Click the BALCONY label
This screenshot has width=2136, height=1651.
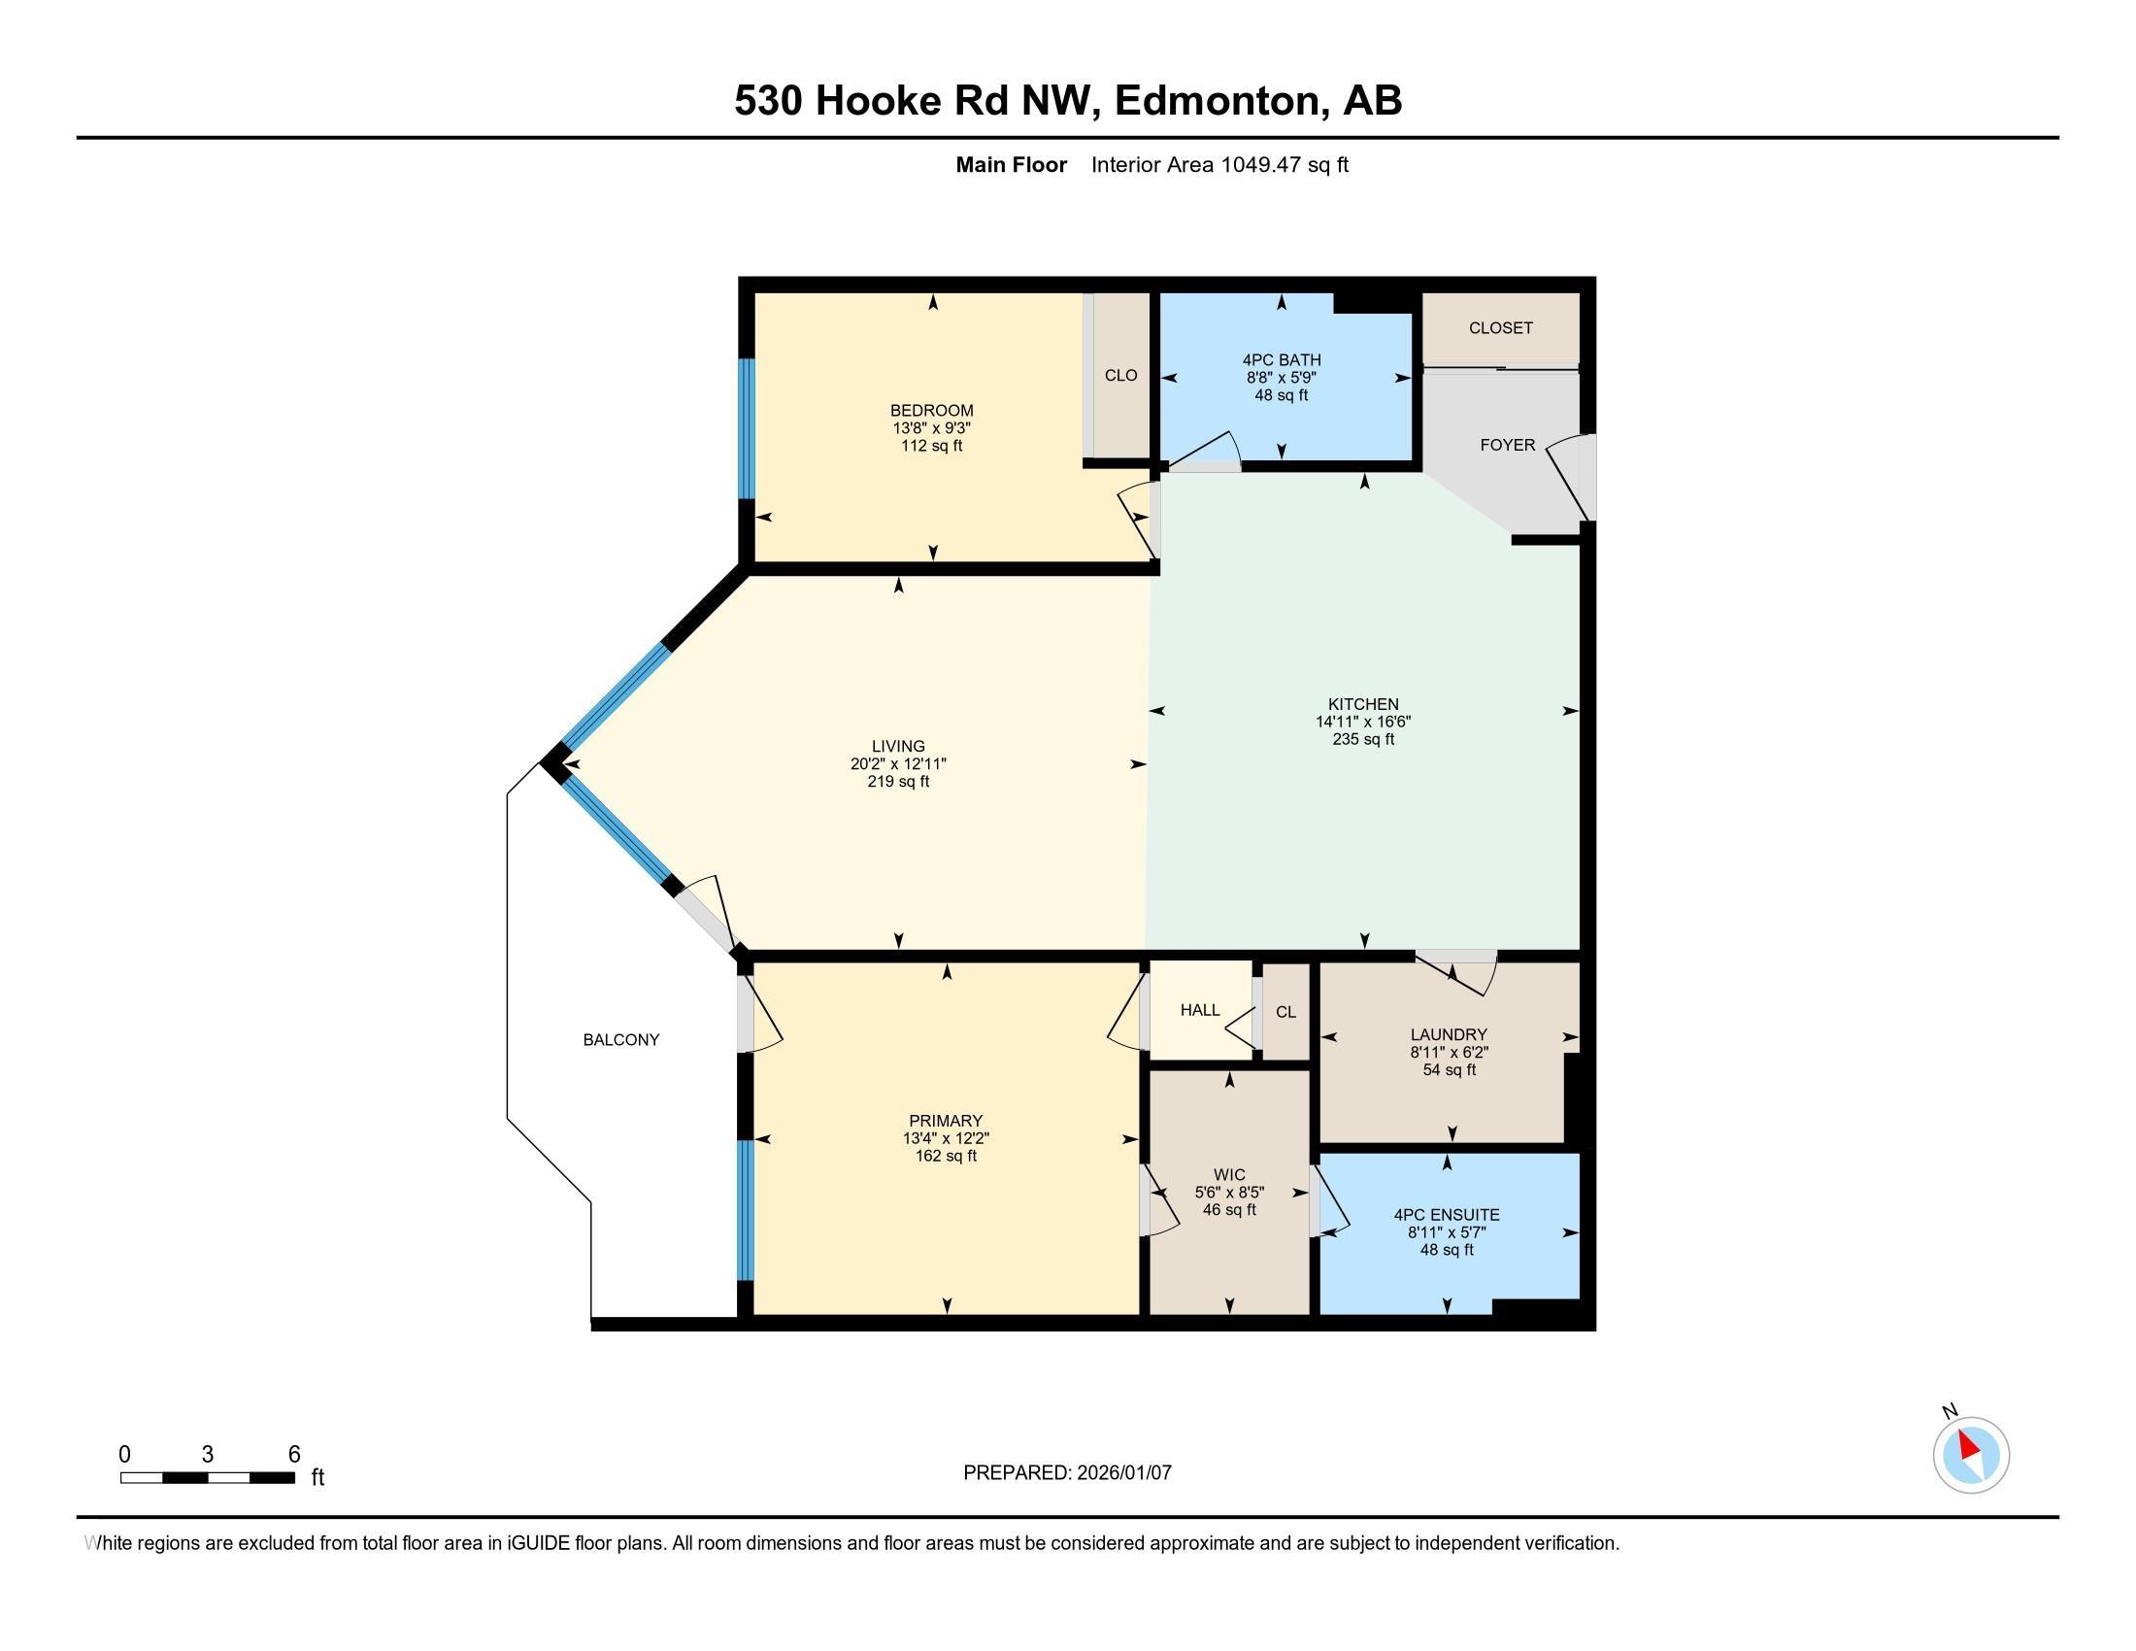coord(621,1040)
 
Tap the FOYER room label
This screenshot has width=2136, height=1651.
coord(1507,445)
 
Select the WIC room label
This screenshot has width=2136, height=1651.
coord(1229,1175)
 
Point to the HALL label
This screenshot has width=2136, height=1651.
coord(1200,1010)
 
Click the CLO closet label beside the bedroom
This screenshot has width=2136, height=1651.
coord(1120,376)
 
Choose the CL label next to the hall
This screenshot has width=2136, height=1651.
coord(1286,1012)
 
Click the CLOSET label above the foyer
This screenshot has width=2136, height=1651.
coord(1500,328)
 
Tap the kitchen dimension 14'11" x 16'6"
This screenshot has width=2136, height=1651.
coord(1363,722)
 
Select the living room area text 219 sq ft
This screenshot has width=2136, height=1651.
coord(898,782)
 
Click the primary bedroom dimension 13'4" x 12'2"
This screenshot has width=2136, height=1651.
coord(946,1138)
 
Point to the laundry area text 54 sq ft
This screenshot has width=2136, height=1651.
coord(1450,1070)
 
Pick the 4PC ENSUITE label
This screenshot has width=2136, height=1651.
coord(1447,1215)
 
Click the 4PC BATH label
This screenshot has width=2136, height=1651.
coord(1282,360)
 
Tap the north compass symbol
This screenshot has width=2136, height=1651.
coord(1971,1455)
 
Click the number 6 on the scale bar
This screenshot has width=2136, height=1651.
coord(294,1455)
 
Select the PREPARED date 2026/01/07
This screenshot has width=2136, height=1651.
coord(1122,1472)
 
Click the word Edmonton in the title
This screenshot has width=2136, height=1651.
coord(1218,101)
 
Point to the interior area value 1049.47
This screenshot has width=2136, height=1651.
coord(1260,165)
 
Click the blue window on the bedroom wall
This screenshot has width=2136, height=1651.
coord(747,428)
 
